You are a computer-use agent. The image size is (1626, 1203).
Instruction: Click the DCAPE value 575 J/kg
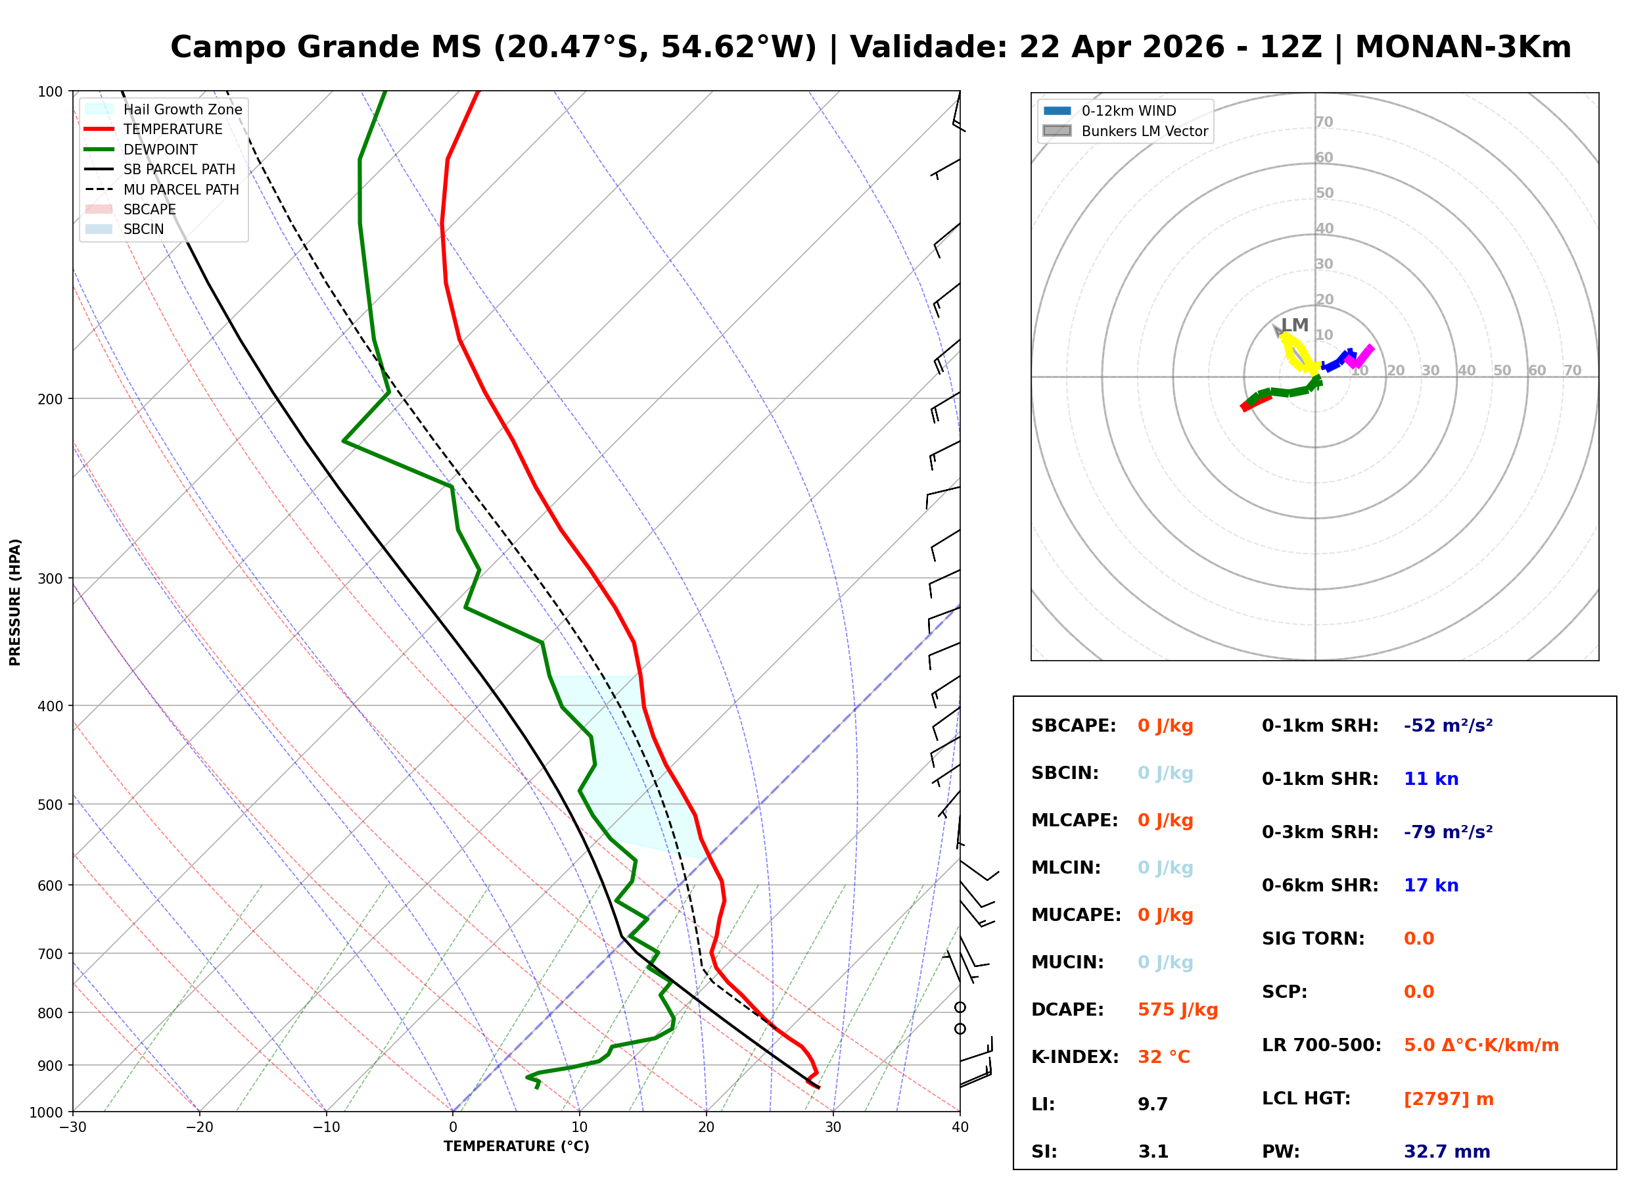[1177, 1010]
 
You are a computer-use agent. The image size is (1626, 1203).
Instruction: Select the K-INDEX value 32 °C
[1163, 1057]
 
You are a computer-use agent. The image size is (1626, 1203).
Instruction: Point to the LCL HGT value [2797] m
[1448, 1099]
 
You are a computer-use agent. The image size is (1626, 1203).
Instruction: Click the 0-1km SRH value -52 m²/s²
[1448, 726]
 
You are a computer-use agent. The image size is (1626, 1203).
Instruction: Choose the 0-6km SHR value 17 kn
[1430, 885]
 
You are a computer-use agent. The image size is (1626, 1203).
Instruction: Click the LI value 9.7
[1152, 1104]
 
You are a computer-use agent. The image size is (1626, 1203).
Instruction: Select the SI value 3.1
[1153, 1152]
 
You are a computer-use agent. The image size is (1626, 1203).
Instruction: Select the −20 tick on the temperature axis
[198, 1127]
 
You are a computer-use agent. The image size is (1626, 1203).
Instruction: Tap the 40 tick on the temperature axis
[960, 1127]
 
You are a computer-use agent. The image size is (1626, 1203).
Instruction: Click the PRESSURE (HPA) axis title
[15, 602]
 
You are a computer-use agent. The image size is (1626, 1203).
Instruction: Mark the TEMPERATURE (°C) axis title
[516, 1146]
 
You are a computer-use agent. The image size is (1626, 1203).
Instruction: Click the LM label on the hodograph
[1294, 325]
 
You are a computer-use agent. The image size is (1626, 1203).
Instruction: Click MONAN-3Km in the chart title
[1462, 47]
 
